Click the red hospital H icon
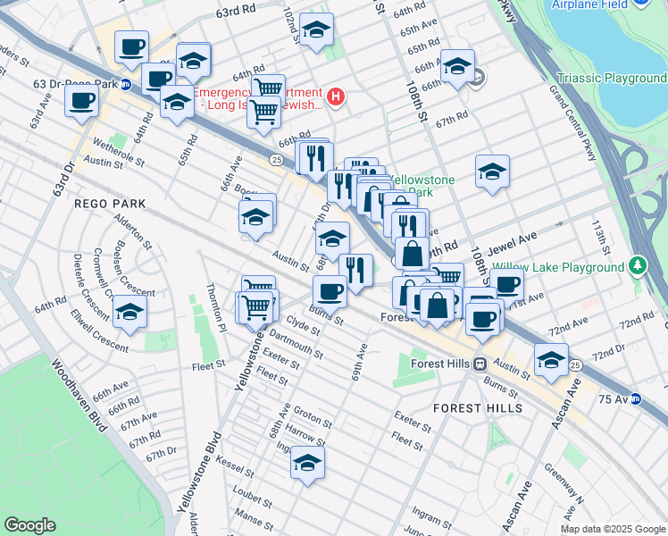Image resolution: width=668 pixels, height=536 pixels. [336, 96]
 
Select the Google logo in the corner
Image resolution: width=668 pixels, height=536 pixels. [29, 525]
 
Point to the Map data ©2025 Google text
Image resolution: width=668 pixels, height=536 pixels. [613, 529]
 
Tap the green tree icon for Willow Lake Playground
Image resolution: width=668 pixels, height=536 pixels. [637, 265]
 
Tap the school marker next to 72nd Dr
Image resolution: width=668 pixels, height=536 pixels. [551, 360]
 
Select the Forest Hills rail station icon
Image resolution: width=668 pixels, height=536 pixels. [480, 364]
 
